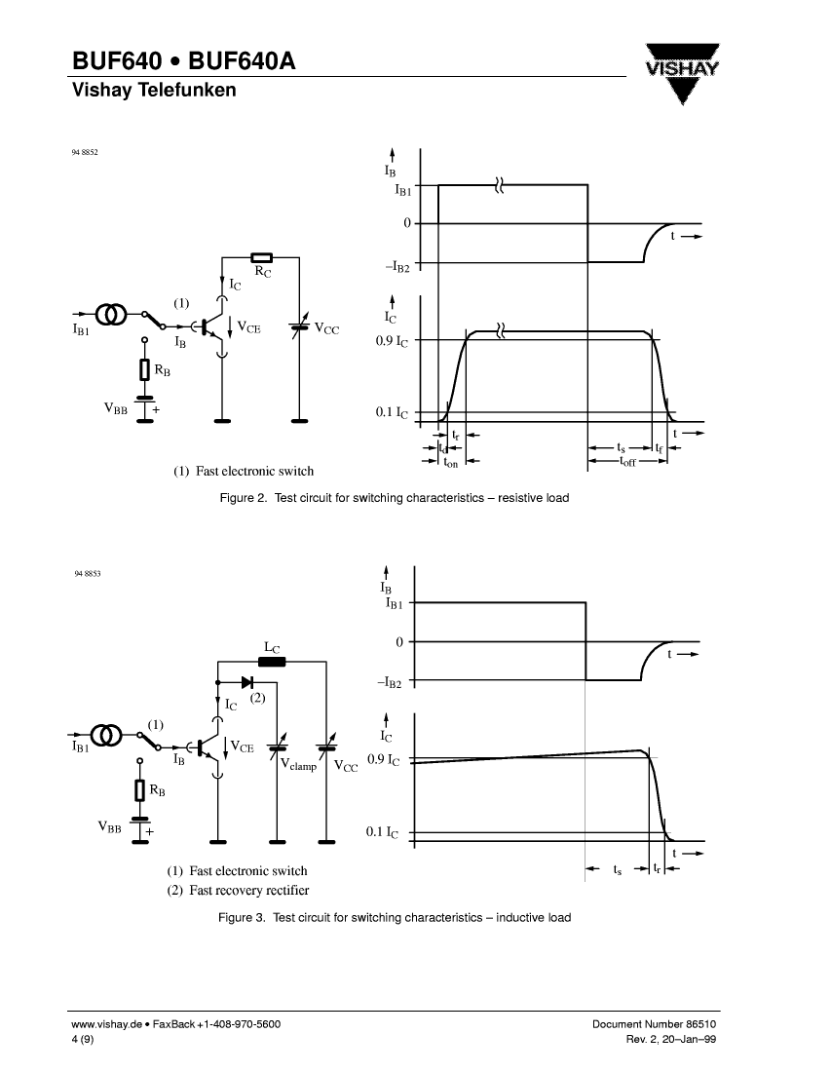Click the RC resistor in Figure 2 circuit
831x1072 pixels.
[x=262, y=257]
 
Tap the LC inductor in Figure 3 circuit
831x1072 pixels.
[x=272, y=661]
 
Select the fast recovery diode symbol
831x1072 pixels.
[x=247, y=682]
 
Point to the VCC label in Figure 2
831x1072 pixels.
[x=326, y=328]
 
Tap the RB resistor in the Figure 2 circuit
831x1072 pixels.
[x=144, y=370]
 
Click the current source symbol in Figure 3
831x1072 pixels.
[x=106, y=736]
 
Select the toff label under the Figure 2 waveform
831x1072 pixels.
[x=628, y=462]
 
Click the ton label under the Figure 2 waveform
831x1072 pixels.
[x=451, y=463]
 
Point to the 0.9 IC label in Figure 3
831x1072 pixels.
[x=384, y=759]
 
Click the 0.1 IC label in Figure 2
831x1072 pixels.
[x=392, y=412]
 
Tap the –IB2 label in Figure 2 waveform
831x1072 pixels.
[x=397, y=267]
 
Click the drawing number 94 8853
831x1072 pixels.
[x=88, y=574]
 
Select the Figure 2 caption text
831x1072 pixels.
[x=395, y=498]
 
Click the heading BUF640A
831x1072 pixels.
[x=242, y=61]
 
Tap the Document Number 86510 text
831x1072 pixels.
[x=654, y=1024]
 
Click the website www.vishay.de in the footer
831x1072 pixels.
[x=106, y=1024]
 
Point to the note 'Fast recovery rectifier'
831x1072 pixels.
[x=248, y=890]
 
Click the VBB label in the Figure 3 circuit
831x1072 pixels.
[x=109, y=827]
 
